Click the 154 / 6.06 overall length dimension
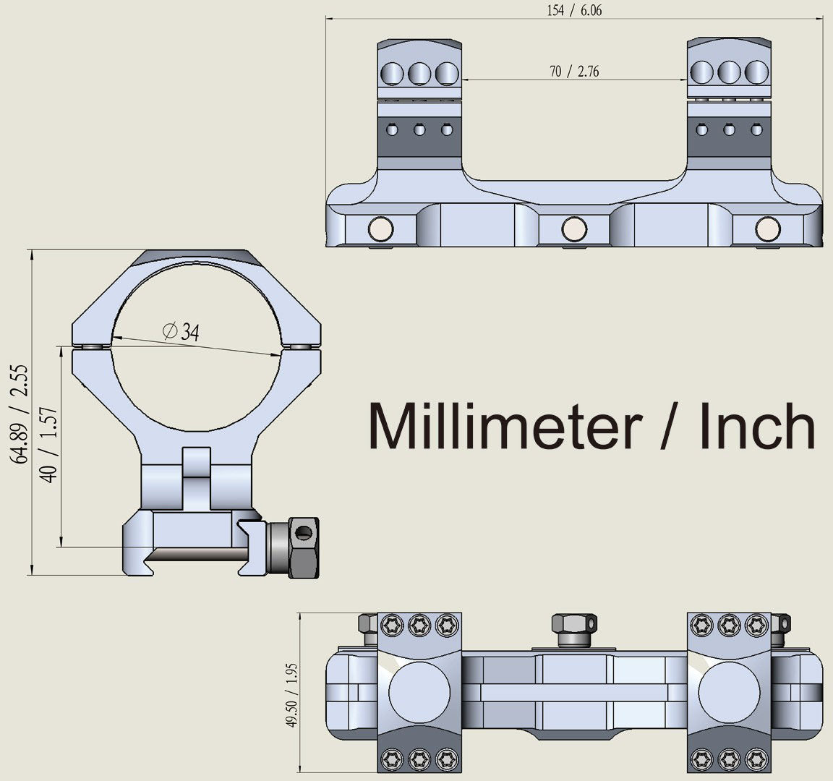574,11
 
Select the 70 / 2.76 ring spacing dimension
574,71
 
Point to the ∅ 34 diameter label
181,331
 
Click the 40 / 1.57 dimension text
48,445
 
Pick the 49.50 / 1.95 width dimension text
291,694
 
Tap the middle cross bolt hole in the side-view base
574,229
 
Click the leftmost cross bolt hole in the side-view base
381,229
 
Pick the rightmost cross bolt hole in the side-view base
768,229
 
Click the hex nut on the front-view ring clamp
304,547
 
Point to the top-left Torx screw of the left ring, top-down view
392,626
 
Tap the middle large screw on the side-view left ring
419,74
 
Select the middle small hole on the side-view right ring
730,129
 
